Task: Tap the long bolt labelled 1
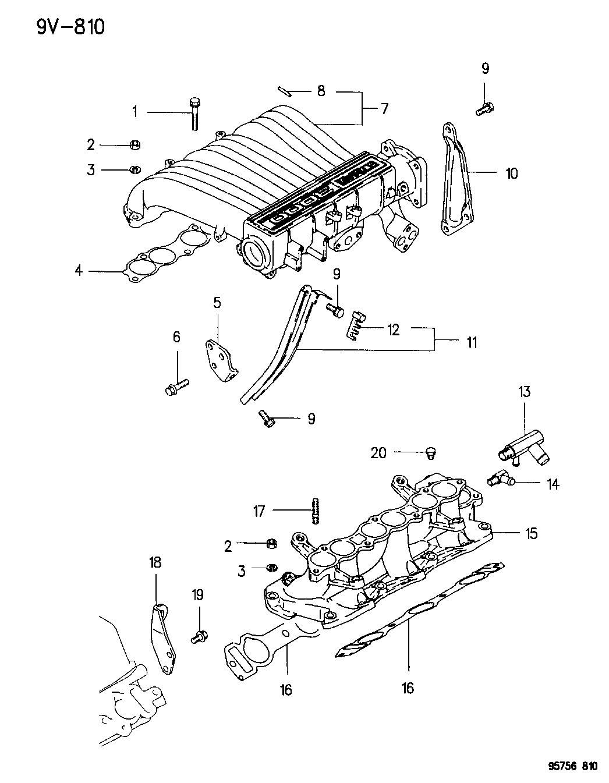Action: pyautogui.click(x=194, y=114)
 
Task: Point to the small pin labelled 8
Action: pyautogui.click(x=285, y=90)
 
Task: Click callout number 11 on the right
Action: pyautogui.click(x=471, y=342)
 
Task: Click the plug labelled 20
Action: pyautogui.click(x=432, y=453)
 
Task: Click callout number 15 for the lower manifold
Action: pyautogui.click(x=530, y=533)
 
